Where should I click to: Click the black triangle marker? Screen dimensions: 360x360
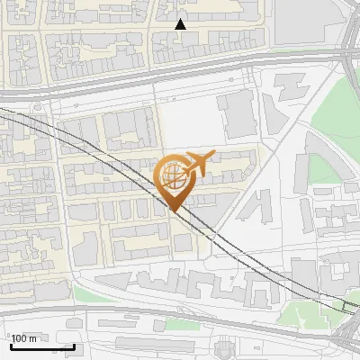pos(180,24)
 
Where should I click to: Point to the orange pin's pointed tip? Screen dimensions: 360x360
pos(173,211)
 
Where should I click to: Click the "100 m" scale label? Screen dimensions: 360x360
pos(24,338)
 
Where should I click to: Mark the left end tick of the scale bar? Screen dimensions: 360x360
pos(10,346)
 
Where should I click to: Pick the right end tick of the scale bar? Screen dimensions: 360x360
pos(74,346)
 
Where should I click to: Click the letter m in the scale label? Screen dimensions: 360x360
pos(33,338)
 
